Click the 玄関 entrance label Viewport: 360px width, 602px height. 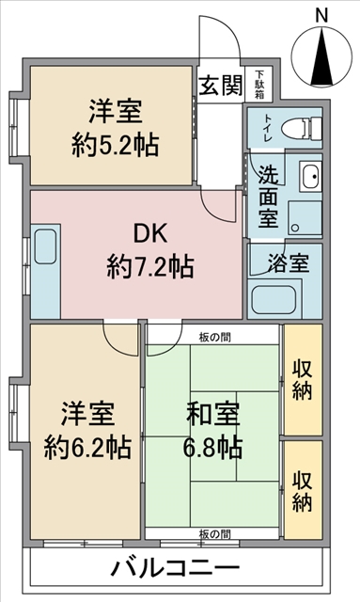click(x=221, y=85)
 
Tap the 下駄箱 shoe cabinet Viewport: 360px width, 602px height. click(x=259, y=85)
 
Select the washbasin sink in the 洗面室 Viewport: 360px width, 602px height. click(x=310, y=176)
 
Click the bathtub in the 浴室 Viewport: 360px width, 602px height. click(x=274, y=300)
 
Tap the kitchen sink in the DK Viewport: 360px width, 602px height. click(x=45, y=246)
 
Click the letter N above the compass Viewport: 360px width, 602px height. click(x=321, y=17)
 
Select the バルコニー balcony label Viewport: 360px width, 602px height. click(x=176, y=568)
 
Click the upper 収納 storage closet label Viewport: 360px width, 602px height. click(x=303, y=380)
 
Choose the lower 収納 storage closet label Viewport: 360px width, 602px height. click(x=303, y=492)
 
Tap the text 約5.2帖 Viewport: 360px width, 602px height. click(x=115, y=145)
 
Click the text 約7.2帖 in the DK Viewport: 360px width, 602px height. click(x=150, y=266)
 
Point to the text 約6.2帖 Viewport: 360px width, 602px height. click(x=88, y=448)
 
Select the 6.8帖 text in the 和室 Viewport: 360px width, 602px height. click(x=212, y=448)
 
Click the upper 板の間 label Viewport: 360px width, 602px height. click(x=215, y=338)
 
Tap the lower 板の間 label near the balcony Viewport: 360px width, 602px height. click(x=215, y=534)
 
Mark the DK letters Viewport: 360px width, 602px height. click(x=150, y=233)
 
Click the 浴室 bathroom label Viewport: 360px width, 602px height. click(x=288, y=262)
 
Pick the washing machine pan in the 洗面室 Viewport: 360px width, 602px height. click(x=305, y=218)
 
